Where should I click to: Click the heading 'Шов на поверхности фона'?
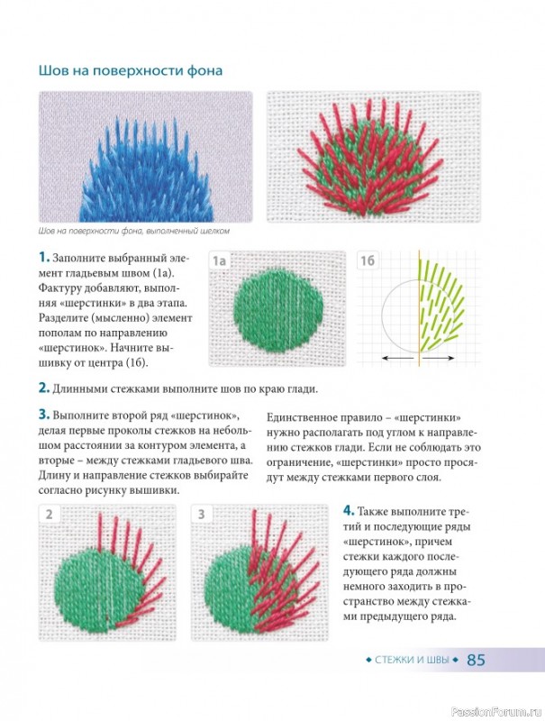point(131,71)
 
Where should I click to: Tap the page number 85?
point(476,660)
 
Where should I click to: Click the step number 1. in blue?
point(43,257)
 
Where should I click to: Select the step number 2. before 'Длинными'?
point(43,388)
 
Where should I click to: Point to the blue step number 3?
point(43,415)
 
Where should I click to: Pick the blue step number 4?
point(349,511)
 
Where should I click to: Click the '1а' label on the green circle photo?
point(219,260)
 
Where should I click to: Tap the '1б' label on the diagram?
point(368,260)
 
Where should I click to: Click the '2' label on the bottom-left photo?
point(50,514)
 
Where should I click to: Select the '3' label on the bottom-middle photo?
point(201,514)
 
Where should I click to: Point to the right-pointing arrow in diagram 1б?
point(439,358)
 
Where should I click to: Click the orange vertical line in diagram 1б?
point(419,308)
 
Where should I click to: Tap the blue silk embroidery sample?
point(147,170)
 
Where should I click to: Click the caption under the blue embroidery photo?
point(133,232)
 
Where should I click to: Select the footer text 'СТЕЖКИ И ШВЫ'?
point(413,660)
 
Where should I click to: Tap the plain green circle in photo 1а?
point(278,307)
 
